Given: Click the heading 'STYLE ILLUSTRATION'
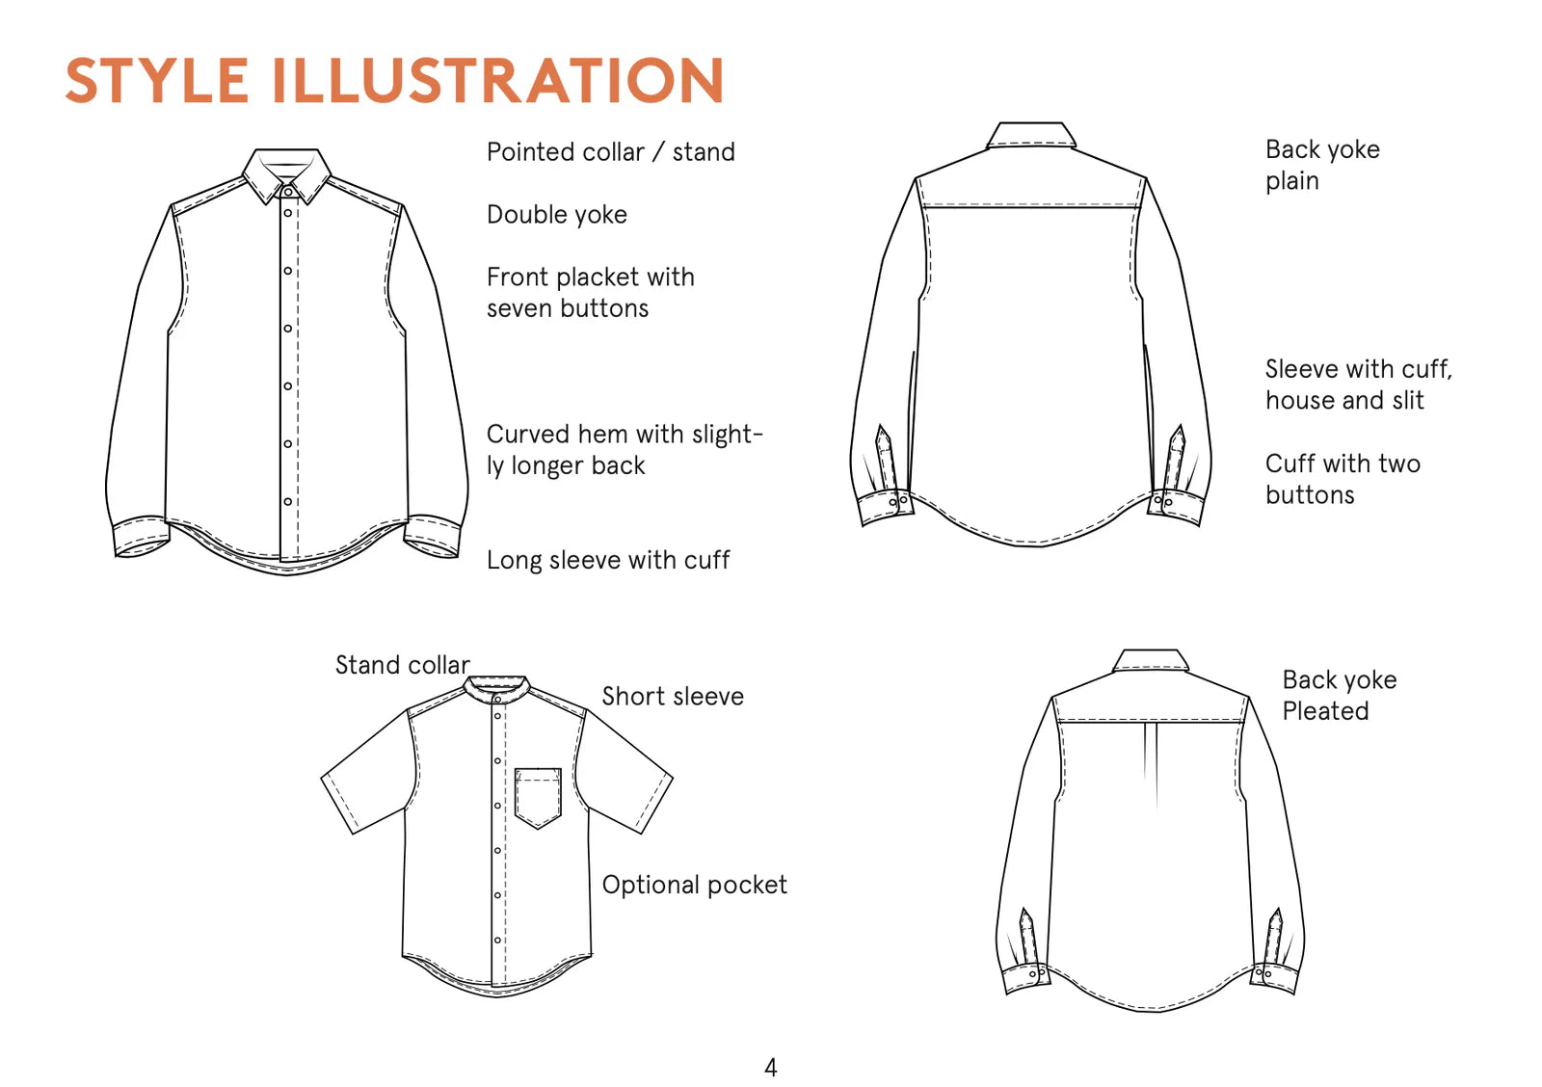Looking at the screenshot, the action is pyautogui.click(x=394, y=81).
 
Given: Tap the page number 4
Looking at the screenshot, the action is pyautogui.click(x=771, y=1068).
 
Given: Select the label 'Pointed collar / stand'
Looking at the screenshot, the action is pyautogui.click(x=611, y=152).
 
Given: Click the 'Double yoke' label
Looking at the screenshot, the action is pyautogui.click(x=557, y=215).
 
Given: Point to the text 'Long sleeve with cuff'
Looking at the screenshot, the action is pyautogui.click(x=608, y=561).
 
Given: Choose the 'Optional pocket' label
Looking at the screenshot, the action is pyautogui.click(x=694, y=886).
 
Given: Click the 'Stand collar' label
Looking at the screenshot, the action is pyautogui.click(x=403, y=665).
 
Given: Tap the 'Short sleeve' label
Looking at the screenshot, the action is pyautogui.click(x=673, y=697).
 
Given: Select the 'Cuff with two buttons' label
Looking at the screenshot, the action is pyautogui.click(x=1343, y=479).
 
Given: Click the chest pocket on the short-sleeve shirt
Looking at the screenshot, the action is pyautogui.click(x=539, y=798).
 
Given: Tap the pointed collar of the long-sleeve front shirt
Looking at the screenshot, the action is pyautogui.click(x=286, y=175).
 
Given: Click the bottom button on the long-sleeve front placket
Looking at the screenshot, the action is pyautogui.click(x=288, y=502).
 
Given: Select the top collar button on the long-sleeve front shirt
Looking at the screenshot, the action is pyautogui.click(x=288, y=192).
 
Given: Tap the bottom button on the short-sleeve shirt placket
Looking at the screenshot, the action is pyautogui.click(x=497, y=941).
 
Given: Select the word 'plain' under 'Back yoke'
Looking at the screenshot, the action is pyautogui.click(x=1292, y=182).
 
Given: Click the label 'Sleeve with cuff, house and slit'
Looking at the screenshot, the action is pyautogui.click(x=1358, y=384).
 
